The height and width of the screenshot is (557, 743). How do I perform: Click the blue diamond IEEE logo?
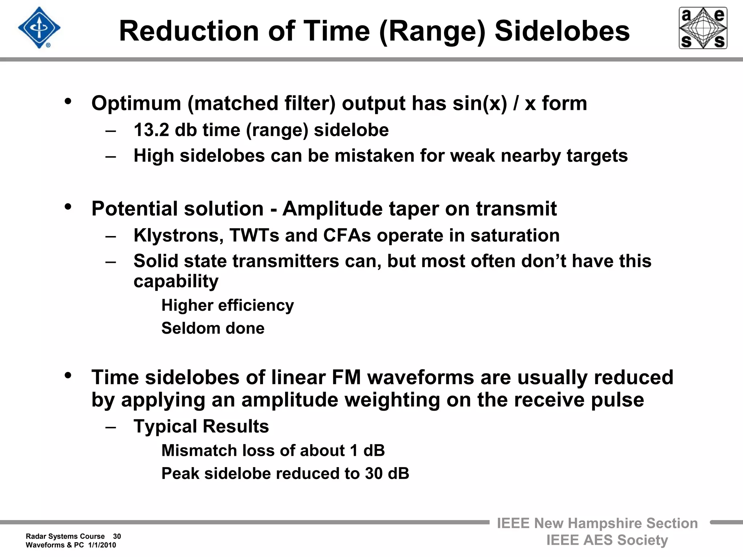39,28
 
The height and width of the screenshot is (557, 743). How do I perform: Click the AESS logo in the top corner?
703,28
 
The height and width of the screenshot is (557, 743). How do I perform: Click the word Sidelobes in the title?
562,31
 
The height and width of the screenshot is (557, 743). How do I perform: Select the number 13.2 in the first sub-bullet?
151,130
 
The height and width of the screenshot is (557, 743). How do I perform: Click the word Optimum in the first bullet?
136,104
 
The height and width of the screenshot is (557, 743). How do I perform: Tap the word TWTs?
254,236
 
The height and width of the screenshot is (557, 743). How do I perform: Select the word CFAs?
347,236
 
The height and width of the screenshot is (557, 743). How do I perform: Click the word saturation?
515,236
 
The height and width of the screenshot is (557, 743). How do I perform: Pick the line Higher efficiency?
227,305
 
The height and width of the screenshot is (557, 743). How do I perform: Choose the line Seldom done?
213,328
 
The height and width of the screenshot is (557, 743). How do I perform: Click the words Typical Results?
201,426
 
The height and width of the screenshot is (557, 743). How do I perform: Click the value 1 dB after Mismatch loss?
367,451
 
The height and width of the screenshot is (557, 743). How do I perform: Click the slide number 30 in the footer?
117,536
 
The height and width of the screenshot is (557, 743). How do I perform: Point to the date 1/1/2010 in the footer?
102,545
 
